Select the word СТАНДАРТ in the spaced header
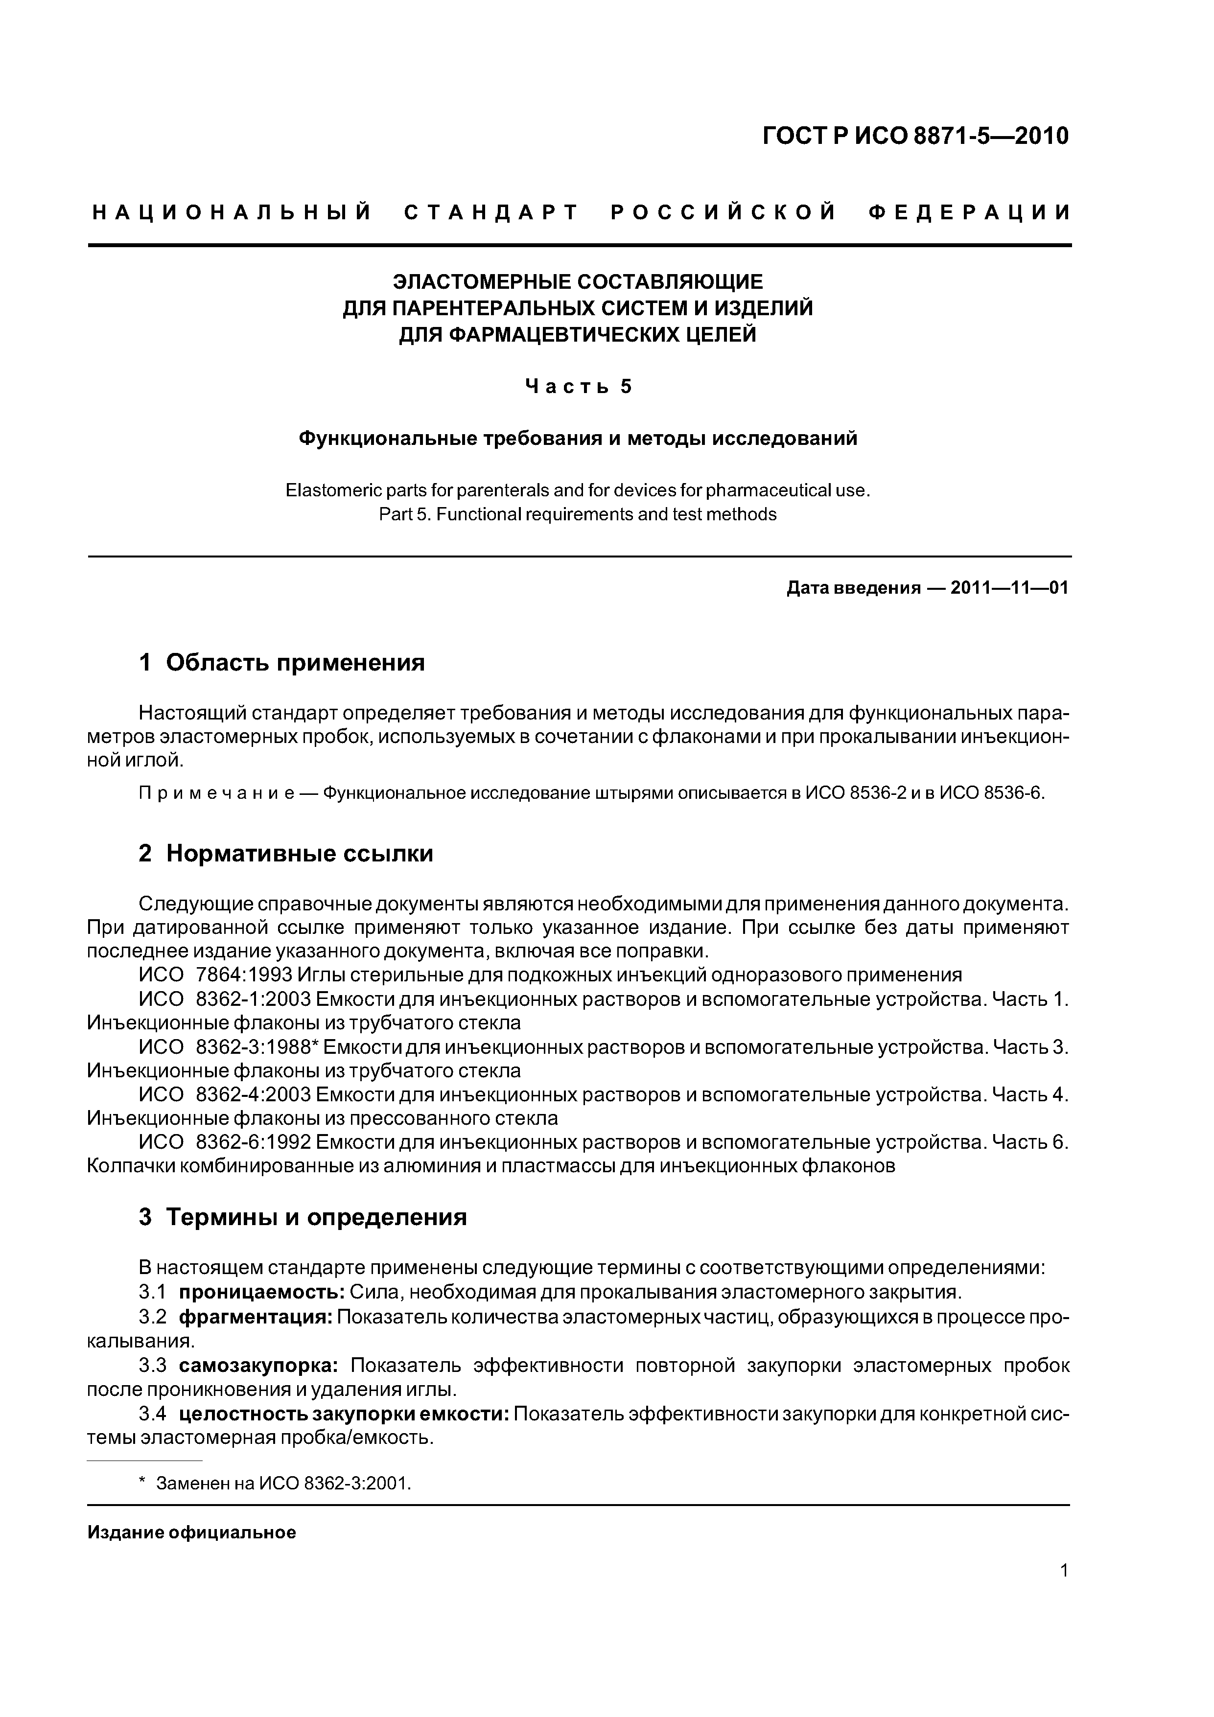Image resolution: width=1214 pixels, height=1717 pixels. click(491, 213)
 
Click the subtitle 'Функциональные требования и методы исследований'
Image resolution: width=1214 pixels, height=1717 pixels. click(578, 438)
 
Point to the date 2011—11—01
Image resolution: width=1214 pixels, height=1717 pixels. click(1009, 588)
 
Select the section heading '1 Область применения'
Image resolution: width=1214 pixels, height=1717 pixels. click(281, 663)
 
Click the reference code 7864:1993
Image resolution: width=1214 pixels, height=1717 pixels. click(243, 975)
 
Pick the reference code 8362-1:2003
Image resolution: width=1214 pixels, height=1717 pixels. click(252, 999)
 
